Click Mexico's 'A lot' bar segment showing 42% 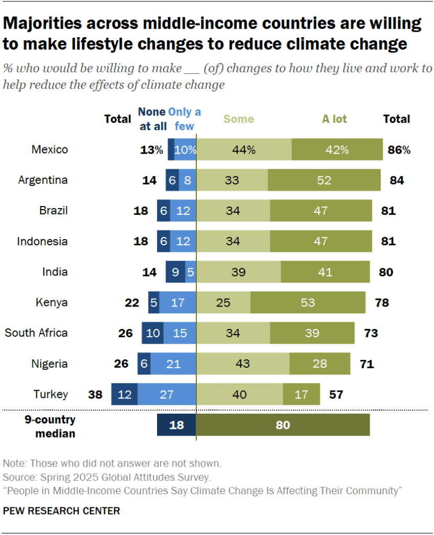337,150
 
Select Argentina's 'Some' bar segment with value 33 231,180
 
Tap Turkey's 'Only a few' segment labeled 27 166,394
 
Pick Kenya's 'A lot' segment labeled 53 308,303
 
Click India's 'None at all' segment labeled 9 175,272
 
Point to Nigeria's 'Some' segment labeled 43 242,364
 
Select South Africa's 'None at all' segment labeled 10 153,333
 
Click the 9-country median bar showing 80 283,425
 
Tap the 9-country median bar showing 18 176,425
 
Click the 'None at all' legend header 152,119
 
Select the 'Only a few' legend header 184,119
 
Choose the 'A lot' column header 334,119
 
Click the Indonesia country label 42,242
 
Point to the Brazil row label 53,211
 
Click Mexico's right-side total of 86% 399,150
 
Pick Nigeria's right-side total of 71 366,364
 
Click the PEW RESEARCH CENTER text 61,510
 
